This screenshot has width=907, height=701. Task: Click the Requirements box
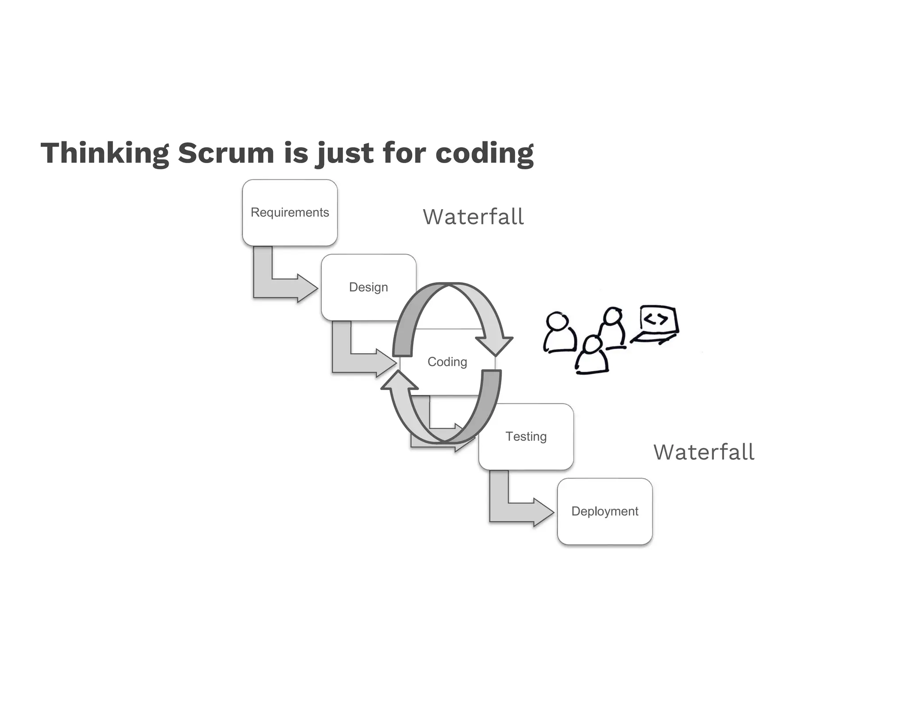[x=290, y=213]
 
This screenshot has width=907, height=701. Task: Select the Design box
[x=363, y=287]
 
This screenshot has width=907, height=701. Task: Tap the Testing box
[x=526, y=436]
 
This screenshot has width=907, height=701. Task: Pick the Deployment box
[x=605, y=511]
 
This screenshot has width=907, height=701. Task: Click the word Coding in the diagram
[x=447, y=362]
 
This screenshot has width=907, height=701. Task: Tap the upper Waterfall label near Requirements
[x=473, y=217]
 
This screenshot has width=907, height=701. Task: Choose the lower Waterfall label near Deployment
[x=704, y=452]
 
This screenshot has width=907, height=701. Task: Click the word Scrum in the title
[x=226, y=153]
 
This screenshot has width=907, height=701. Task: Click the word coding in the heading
[x=485, y=153]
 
